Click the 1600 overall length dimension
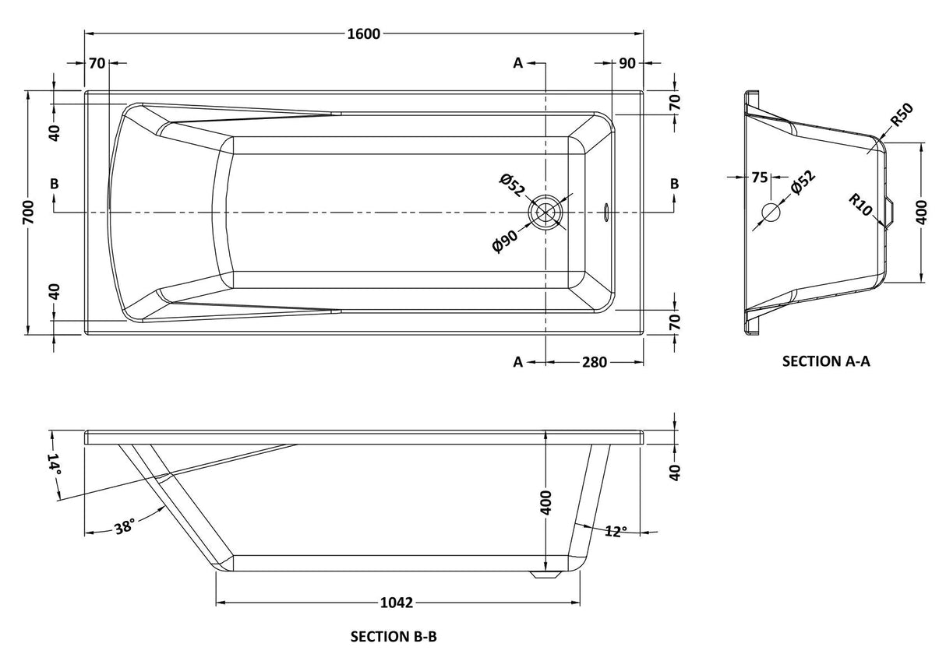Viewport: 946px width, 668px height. point(363,33)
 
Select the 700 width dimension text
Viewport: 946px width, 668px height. point(28,211)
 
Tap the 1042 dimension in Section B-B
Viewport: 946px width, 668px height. point(397,603)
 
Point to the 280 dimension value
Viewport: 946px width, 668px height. point(594,362)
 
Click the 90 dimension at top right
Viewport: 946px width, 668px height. point(627,63)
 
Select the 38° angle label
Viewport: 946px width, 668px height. point(124,527)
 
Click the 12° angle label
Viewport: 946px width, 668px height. point(616,532)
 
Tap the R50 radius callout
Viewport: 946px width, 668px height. point(902,114)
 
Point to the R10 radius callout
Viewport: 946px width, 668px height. point(860,206)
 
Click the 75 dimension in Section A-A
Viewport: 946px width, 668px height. point(760,177)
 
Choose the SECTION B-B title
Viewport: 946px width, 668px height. point(394,637)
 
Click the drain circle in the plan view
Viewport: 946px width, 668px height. point(545,212)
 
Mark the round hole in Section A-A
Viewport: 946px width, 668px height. point(770,211)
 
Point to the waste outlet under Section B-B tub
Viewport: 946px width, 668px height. point(545,575)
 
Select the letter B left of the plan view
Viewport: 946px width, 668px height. point(54,184)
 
